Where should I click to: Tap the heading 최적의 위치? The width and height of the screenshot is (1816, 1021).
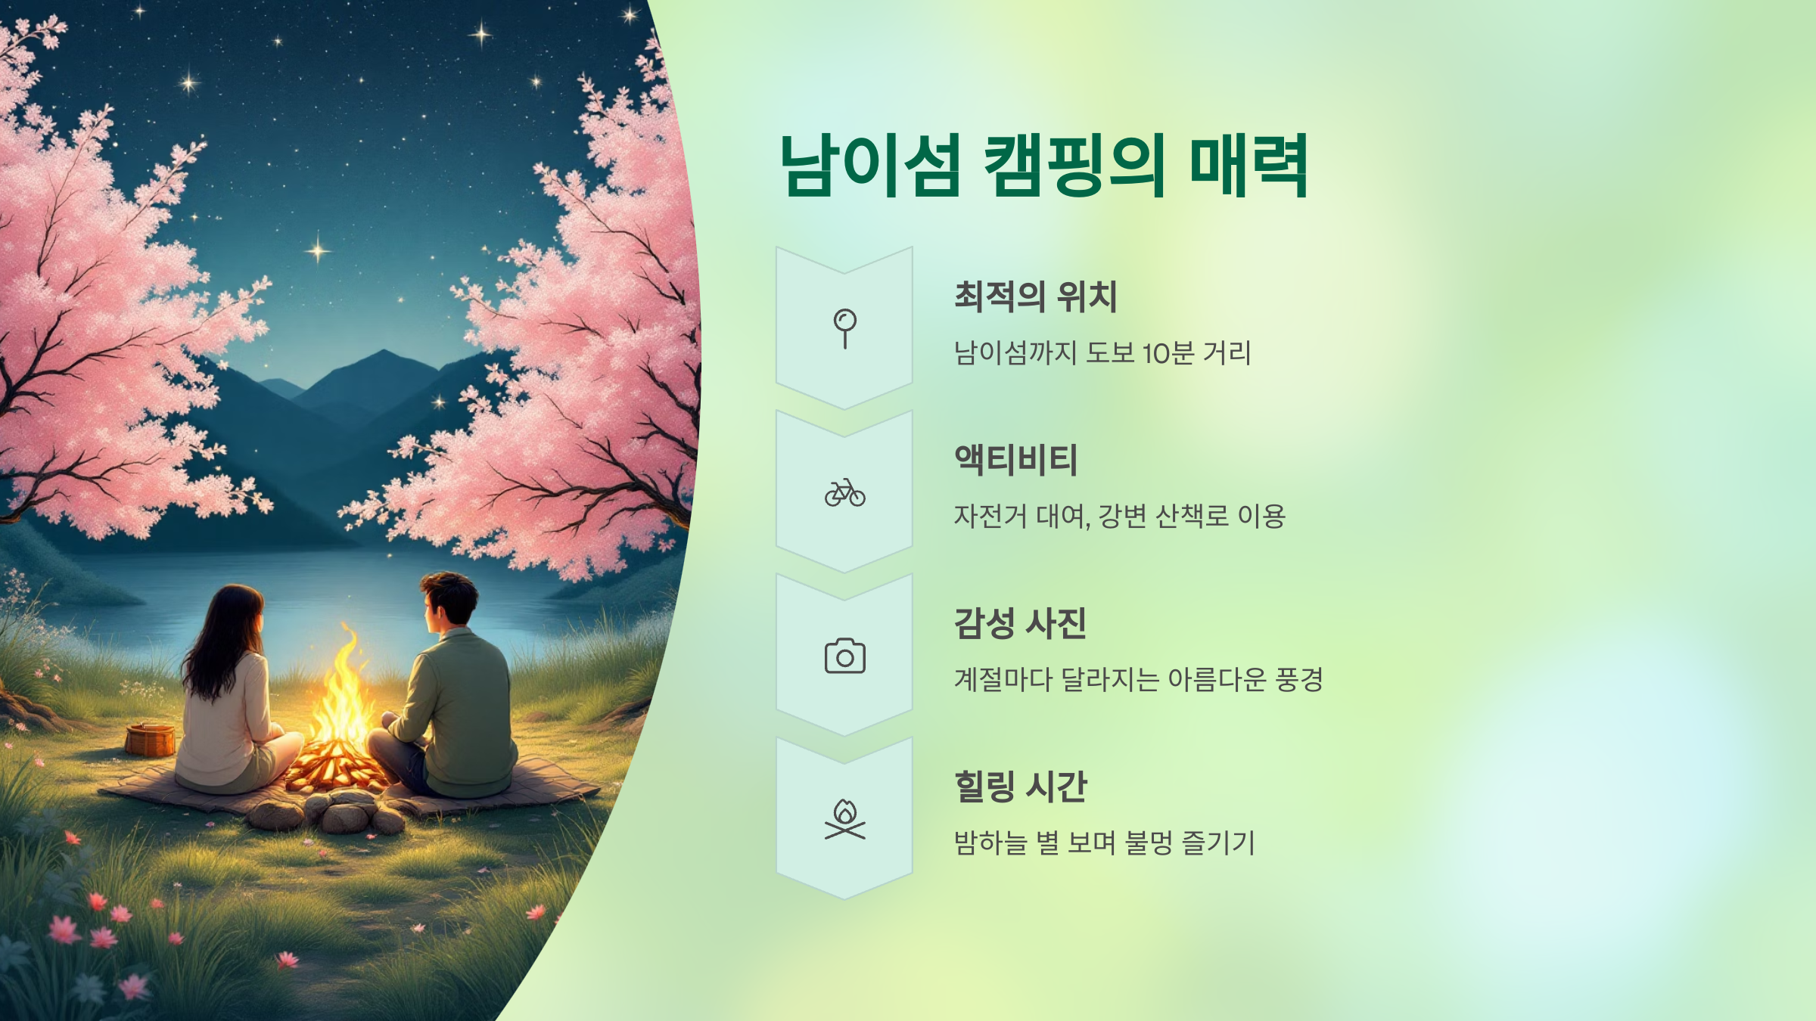(1035, 296)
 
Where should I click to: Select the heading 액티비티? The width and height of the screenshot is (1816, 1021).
(1015, 460)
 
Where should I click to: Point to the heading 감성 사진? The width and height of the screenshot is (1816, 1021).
(1020, 623)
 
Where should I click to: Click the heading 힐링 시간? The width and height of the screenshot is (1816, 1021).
(1020, 787)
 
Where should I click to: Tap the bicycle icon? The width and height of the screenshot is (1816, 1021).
(844, 492)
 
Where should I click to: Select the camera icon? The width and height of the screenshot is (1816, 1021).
(844, 656)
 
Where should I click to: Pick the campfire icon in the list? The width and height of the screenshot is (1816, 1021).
(844, 820)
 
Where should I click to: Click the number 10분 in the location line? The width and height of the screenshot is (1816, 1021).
(1168, 353)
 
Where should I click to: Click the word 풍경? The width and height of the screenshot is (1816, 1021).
(1298, 680)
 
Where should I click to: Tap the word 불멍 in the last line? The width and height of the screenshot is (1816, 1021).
(1149, 843)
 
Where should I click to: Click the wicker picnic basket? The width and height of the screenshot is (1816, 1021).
(150, 740)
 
